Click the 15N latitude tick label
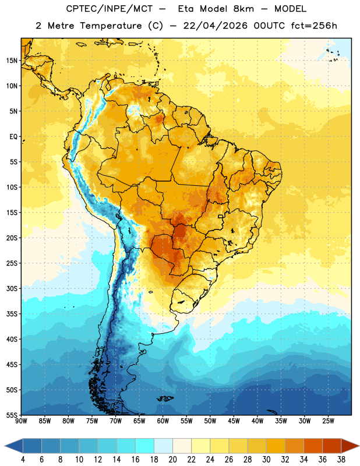point(12,61)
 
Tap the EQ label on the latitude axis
point(13,137)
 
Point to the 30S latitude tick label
point(12,288)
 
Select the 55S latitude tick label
point(12,415)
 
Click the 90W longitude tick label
point(21,421)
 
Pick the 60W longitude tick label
point(163,421)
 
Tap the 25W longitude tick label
point(328,421)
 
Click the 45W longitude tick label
point(234,421)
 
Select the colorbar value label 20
point(172,460)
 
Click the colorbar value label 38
point(341,460)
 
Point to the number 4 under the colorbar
point(23,460)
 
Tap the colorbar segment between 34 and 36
point(313,446)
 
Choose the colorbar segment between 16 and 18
point(144,446)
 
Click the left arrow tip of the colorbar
point(5,446)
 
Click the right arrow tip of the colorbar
point(359,446)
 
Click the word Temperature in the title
point(111,26)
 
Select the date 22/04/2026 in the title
point(215,26)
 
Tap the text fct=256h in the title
point(314,26)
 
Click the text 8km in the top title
point(243,9)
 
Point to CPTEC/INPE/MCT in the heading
point(109,9)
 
